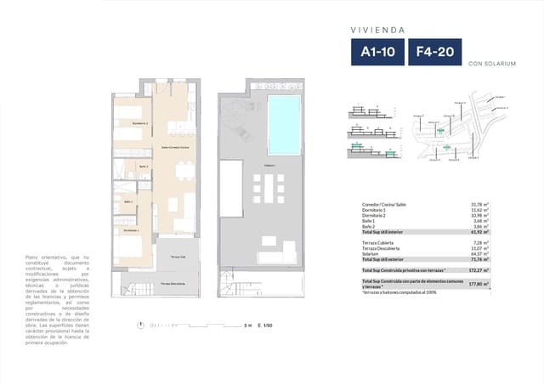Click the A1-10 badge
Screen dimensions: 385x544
(x=377, y=52)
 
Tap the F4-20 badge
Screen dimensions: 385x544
(x=434, y=52)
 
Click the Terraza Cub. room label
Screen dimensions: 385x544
(x=178, y=256)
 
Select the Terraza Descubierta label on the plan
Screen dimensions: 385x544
(x=173, y=283)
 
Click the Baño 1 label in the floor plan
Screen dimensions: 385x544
(x=127, y=202)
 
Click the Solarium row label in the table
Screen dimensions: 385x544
(x=371, y=253)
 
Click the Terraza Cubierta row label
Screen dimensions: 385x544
(x=379, y=242)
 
